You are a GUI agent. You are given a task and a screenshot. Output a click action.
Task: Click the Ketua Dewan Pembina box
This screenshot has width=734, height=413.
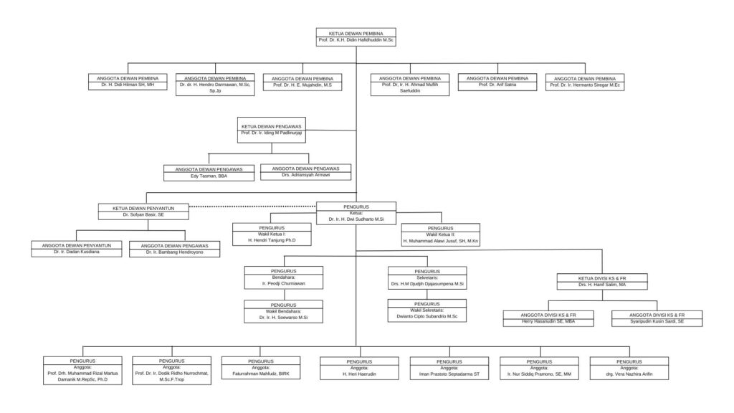pyautogui.click(x=356, y=37)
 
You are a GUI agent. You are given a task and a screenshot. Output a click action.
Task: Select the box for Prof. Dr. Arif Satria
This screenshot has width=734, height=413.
pyautogui.click(x=497, y=81)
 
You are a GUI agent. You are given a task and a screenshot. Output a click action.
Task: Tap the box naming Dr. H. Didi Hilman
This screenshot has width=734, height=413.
pyautogui.click(x=128, y=81)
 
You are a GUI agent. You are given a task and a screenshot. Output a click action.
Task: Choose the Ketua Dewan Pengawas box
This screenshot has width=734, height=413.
pyautogui.click(x=271, y=130)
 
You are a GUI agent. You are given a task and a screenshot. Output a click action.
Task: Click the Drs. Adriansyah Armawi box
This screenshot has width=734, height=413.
pyautogui.click(x=305, y=172)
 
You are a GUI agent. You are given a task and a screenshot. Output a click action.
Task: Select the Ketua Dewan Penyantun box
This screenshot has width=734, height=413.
pyautogui.click(x=144, y=212)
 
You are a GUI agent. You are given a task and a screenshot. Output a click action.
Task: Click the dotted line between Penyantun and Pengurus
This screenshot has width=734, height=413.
pyautogui.click(x=252, y=206)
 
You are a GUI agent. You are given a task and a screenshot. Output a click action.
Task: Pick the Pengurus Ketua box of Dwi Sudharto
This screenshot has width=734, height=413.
pyautogui.click(x=356, y=212)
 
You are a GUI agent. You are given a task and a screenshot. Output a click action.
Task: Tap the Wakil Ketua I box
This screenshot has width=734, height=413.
pyautogui.click(x=272, y=234)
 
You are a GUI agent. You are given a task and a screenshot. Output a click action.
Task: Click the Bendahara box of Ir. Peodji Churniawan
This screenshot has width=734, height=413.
pyautogui.click(x=283, y=277)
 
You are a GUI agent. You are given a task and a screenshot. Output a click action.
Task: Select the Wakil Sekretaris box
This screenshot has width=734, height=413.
pyautogui.click(x=427, y=310)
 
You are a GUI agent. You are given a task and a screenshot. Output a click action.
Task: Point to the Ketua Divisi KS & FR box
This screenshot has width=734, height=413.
pyautogui.click(x=602, y=281)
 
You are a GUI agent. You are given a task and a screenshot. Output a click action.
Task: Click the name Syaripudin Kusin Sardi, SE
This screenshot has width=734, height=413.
pyautogui.click(x=657, y=323)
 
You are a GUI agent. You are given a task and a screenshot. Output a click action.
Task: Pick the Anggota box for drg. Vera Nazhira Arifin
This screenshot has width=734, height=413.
pyautogui.click(x=629, y=367)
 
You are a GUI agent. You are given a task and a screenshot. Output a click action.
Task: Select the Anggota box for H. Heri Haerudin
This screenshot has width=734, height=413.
pyautogui.click(x=359, y=368)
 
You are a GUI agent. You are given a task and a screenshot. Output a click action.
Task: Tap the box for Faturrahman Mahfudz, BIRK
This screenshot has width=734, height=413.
pyautogui.click(x=260, y=367)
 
